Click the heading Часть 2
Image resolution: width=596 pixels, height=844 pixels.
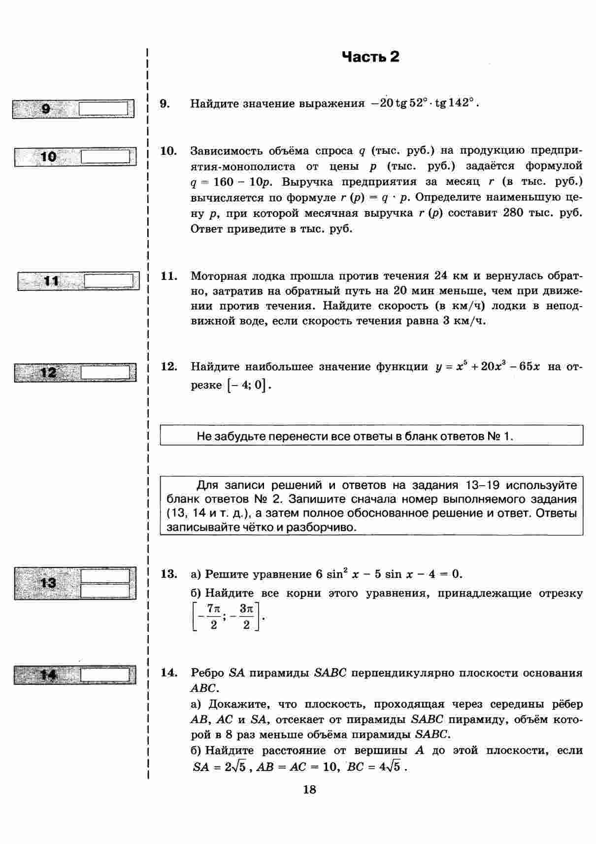370,57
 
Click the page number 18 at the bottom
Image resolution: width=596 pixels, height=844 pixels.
309,789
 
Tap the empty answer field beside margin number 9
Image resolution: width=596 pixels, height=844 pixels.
105,108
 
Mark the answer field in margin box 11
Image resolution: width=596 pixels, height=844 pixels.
109,281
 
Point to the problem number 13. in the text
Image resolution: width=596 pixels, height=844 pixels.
169,574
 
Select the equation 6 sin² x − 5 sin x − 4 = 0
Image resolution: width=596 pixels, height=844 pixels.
382,574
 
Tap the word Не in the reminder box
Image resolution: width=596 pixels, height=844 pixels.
204,436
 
